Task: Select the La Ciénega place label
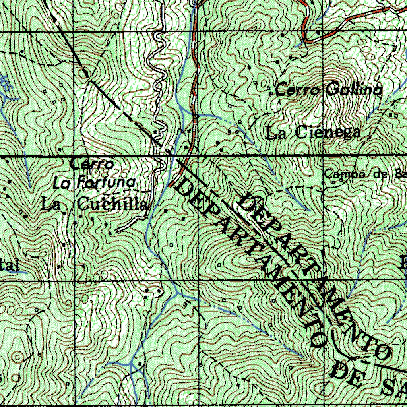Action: point(314,133)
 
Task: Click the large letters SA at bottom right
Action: point(393,388)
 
